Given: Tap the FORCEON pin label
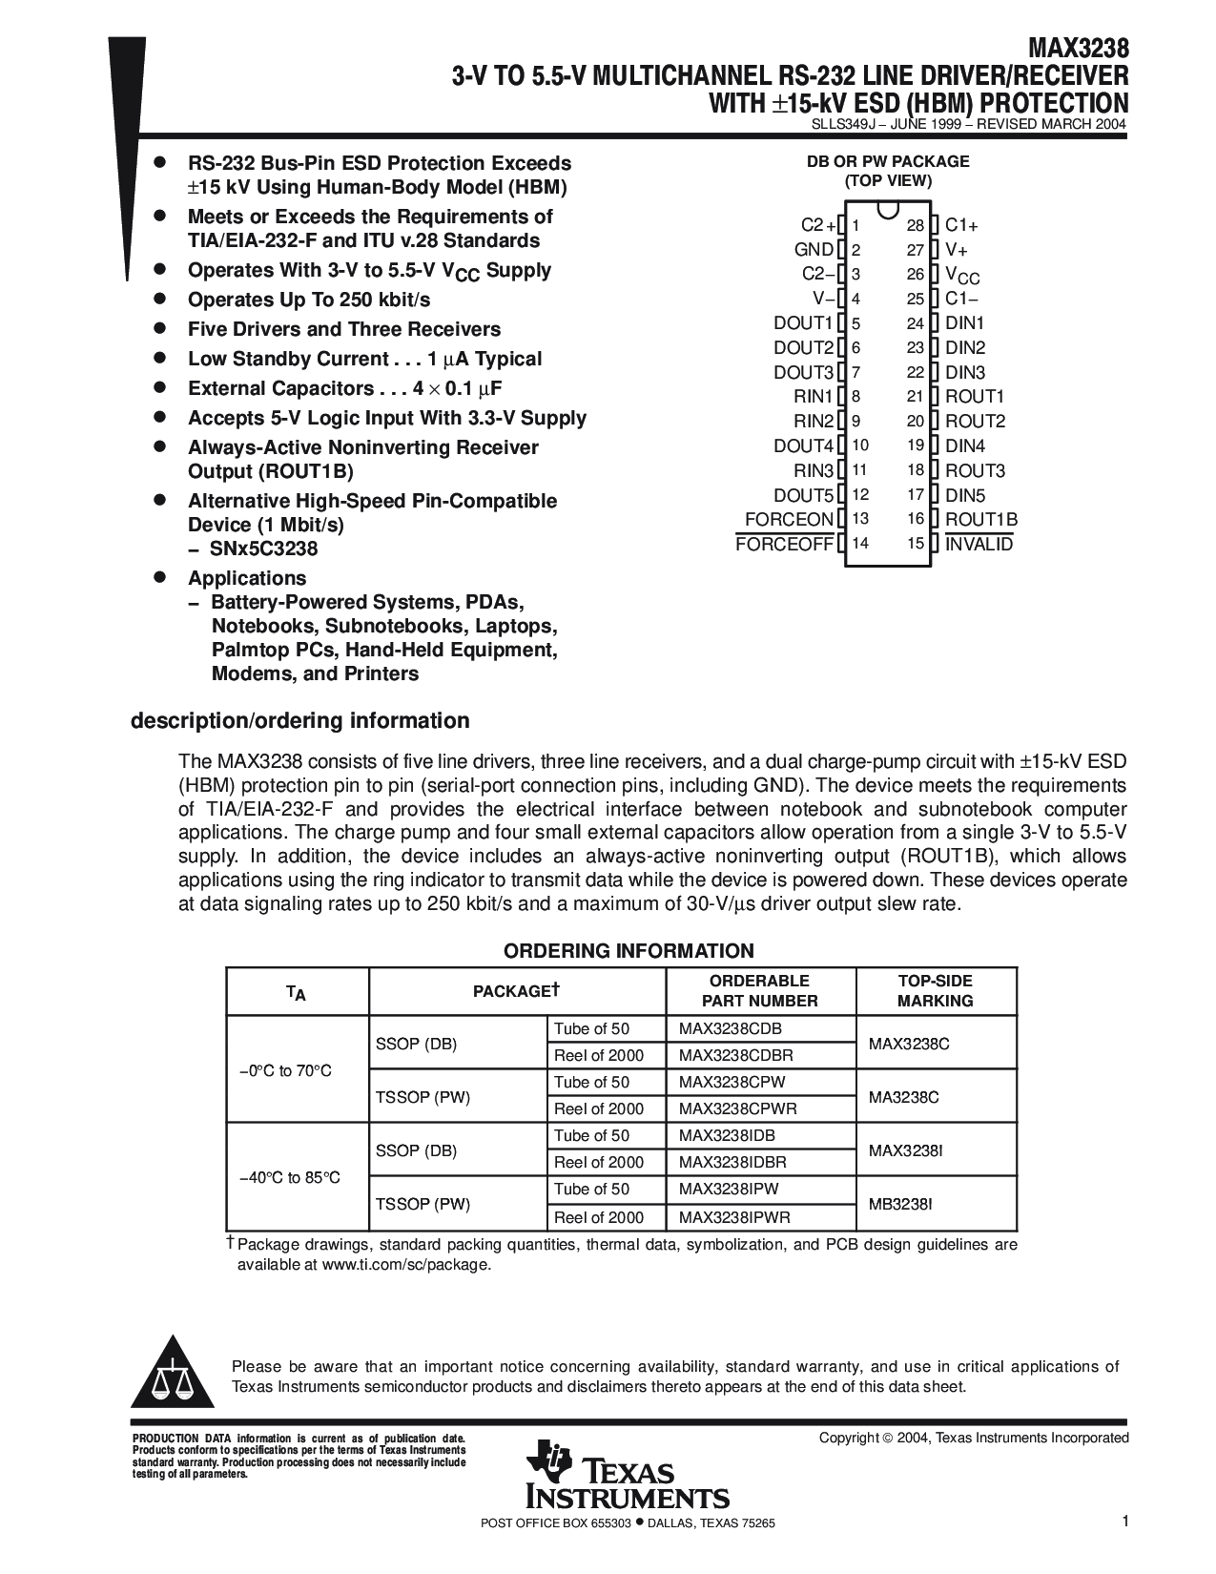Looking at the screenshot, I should (789, 520).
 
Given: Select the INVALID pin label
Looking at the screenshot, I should (979, 545).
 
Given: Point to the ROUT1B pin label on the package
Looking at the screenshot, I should (981, 520).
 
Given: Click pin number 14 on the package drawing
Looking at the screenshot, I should (860, 545).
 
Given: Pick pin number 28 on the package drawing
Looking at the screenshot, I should (916, 226).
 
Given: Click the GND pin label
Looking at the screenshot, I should (814, 250).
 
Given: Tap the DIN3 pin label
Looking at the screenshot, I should (965, 373).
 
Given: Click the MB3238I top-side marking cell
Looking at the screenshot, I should (900, 1204).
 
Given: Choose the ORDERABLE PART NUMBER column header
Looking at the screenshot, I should (759, 991).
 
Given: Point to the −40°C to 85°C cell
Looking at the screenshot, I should (290, 1178).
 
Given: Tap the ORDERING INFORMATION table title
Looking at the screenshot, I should (629, 951).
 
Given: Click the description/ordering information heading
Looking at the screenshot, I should (299, 721).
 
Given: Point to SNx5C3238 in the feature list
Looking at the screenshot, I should (263, 549).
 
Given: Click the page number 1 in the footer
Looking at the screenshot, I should (1125, 1522).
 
